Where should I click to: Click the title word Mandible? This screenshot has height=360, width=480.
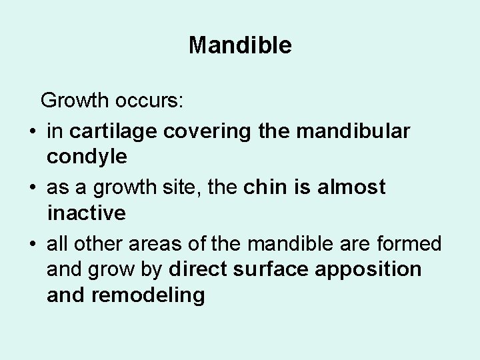240,45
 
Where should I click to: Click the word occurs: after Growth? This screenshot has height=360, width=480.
157,102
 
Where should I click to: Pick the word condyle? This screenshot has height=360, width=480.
87,157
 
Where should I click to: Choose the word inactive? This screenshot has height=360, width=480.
86,213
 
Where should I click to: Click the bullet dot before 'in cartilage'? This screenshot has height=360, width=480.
32,132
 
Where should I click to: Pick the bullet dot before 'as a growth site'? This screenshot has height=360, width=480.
32,188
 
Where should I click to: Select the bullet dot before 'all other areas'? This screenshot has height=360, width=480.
32,245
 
